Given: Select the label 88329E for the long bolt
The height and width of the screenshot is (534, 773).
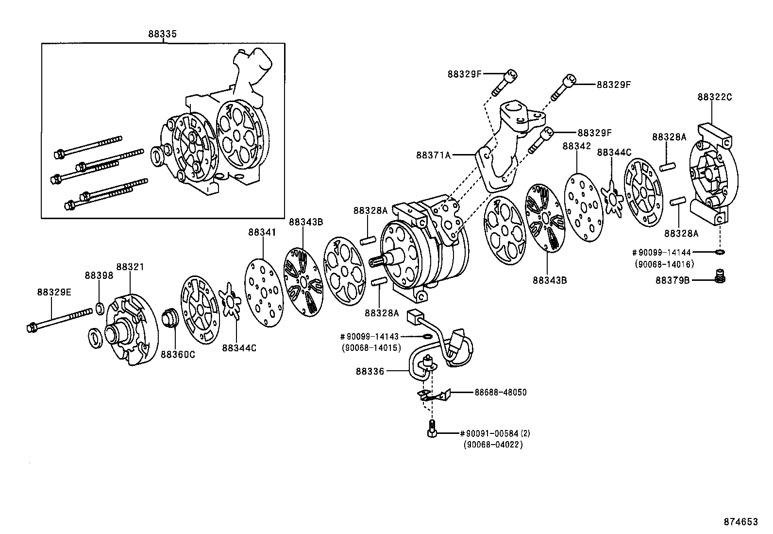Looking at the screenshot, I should pyautogui.click(x=54, y=292).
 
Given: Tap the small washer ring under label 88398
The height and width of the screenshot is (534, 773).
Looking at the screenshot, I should pyautogui.click(x=100, y=308).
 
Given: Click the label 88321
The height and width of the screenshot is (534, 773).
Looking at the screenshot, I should pyautogui.click(x=130, y=267).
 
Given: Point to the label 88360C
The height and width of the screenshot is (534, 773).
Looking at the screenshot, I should pyautogui.click(x=178, y=355).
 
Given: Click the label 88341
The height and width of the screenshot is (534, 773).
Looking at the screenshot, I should pyautogui.click(x=262, y=233).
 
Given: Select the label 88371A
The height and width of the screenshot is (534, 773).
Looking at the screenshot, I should pyautogui.click(x=434, y=155).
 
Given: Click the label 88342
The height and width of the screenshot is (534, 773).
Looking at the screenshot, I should pyautogui.click(x=576, y=146).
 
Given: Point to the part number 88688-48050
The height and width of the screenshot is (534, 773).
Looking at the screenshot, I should pyautogui.click(x=500, y=392).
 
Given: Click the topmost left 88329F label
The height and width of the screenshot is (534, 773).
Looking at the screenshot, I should pyautogui.click(x=464, y=74).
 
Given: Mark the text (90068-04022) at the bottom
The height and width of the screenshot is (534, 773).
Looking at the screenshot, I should pyautogui.click(x=493, y=445).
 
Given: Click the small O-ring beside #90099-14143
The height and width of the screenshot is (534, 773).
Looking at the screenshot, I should pyautogui.click(x=426, y=336).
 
